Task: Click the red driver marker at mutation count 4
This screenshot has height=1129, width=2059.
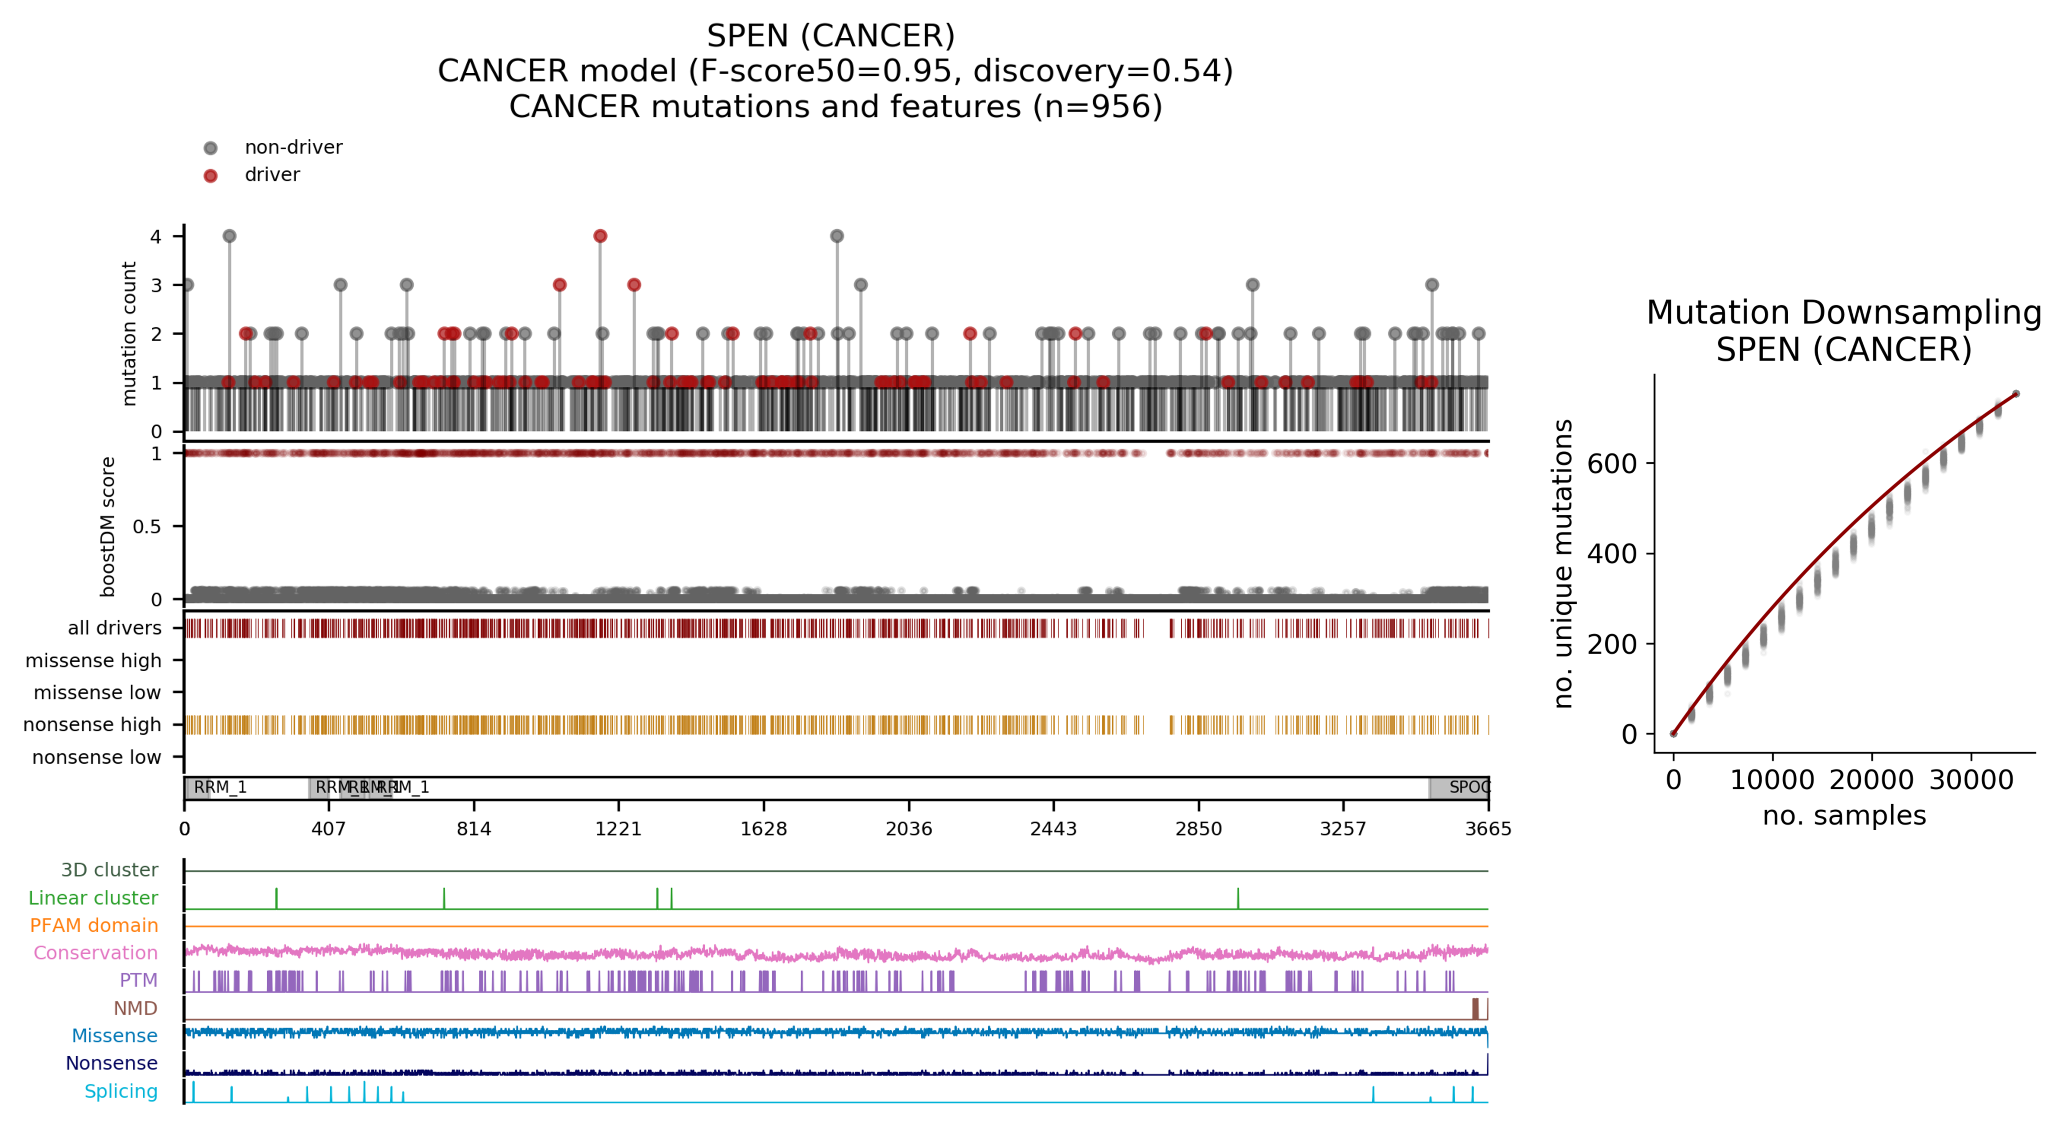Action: coord(600,236)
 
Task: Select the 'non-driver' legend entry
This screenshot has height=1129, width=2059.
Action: coord(292,147)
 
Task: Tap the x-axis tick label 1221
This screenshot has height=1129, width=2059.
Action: coord(619,828)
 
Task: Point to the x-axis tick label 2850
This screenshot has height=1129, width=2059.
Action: coord(1198,828)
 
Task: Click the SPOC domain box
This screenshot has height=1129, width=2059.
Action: coord(1459,788)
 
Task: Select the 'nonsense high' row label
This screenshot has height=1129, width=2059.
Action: coord(92,724)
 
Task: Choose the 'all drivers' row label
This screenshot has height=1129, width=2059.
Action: coord(114,628)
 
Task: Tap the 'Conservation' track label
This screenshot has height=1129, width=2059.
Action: coord(95,952)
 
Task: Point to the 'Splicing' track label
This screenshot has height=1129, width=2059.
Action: coord(121,1091)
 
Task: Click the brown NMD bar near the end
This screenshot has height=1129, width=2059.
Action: coord(1476,1008)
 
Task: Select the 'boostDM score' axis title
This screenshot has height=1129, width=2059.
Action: coord(108,527)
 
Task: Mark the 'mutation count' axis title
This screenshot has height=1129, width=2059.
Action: coord(128,333)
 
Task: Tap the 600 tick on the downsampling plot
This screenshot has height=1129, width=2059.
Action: coord(1611,464)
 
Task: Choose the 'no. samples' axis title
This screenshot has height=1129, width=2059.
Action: coord(1844,815)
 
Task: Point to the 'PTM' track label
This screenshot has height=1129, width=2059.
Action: coord(138,980)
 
